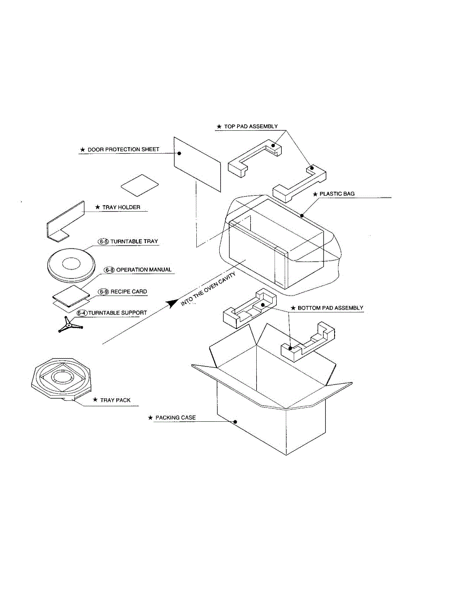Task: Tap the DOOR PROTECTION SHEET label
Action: pos(123,150)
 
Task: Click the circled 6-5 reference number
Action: pos(103,242)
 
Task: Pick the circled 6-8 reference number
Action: pos(109,270)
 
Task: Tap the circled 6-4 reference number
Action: pos(82,313)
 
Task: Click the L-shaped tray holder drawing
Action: pos(65,222)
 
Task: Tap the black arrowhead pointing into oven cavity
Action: pos(173,303)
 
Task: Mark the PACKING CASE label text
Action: pos(175,417)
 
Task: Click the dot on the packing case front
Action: pos(235,422)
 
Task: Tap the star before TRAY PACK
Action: pos(95,400)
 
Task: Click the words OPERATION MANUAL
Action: pos(144,270)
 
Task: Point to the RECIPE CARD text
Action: pos(129,292)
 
